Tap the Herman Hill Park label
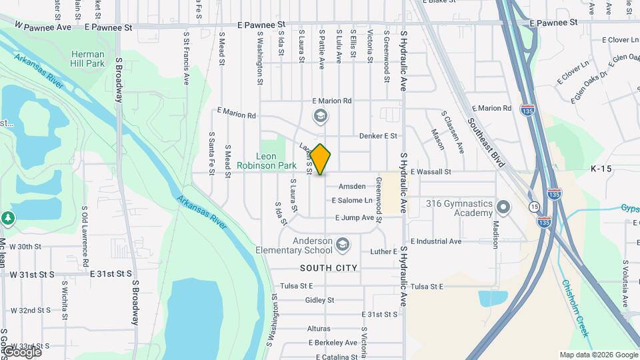(x=87, y=59)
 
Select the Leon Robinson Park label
(x=267, y=160)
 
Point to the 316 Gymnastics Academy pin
(x=503, y=207)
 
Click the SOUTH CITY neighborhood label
(x=329, y=268)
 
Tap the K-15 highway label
(x=601, y=170)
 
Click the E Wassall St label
(x=431, y=171)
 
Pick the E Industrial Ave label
(x=436, y=241)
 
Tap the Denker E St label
(x=378, y=136)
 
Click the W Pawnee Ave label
(x=43, y=28)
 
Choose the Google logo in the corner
(x=22, y=351)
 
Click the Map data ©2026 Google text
(x=598, y=355)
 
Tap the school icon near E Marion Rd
(x=320, y=117)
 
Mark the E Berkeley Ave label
(x=333, y=343)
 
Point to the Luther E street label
(x=384, y=252)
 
